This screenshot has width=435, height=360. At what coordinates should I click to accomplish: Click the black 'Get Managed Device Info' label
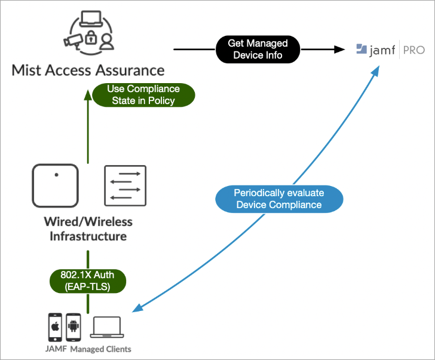pyautogui.click(x=258, y=50)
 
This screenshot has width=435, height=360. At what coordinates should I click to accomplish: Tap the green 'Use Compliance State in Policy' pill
pyautogui.click(x=143, y=94)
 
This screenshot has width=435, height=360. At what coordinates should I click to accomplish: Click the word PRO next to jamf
pyautogui.click(x=413, y=50)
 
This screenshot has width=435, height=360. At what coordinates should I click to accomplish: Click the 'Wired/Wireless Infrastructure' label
pyautogui.click(x=88, y=229)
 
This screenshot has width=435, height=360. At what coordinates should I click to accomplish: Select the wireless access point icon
pyautogui.click(x=56, y=185)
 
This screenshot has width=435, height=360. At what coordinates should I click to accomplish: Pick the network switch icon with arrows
pyautogui.click(x=125, y=185)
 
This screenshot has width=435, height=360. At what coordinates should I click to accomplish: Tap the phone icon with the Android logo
pyautogui.click(x=73, y=327)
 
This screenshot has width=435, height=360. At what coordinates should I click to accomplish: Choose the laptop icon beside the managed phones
pyautogui.click(x=106, y=328)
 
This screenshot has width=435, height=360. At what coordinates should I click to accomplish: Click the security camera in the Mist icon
pyautogui.click(x=75, y=40)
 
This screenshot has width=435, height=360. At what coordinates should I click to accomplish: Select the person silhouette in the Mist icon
pyautogui.click(x=106, y=41)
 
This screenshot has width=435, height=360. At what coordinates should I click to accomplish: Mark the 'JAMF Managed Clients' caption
pyautogui.click(x=88, y=349)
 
